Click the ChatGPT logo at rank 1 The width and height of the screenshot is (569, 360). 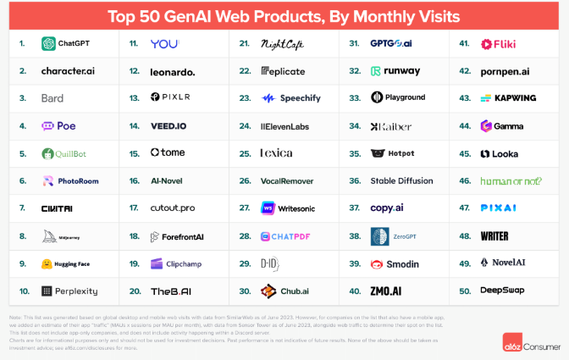point(48,44)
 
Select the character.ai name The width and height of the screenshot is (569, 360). point(68,71)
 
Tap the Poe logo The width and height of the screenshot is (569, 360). point(48,126)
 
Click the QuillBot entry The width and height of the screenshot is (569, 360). point(64,154)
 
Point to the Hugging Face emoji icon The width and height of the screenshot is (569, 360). point(47,263)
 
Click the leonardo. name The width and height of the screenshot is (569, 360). point(172,71)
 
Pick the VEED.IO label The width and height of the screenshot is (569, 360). point(169,126)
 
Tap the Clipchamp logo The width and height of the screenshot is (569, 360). point(157,263)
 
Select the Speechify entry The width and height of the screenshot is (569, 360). point(291,99)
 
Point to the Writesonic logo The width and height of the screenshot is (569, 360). point(268,208)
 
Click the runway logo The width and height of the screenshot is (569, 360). point(376,71)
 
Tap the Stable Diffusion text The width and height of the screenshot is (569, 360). point(400,181)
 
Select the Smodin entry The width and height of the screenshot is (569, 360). point(395,263)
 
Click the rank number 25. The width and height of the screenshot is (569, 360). point(245,154)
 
